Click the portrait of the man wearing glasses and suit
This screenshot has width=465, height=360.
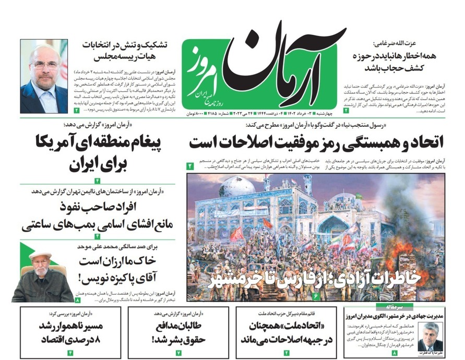(44, 77)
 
